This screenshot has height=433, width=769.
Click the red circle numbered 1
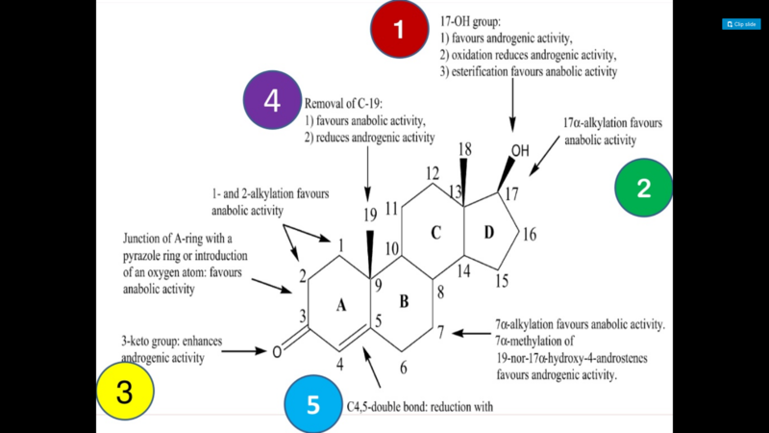[399, 29]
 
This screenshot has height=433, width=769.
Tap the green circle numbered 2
[643, 188]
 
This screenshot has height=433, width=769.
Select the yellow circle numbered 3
[125, 392]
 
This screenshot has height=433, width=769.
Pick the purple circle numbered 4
[272, 100]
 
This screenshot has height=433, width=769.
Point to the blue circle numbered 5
[313, 404]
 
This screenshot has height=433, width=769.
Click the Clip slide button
[741, 24]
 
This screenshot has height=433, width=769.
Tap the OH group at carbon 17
[520, 151]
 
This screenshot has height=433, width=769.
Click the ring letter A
[341, 306]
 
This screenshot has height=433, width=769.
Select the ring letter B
[404, 301]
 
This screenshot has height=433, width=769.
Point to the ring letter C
[435, 232]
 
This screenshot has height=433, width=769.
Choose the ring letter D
[489, 232]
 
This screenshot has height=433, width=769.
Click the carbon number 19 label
[370, 215]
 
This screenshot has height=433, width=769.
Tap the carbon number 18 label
[464, 149]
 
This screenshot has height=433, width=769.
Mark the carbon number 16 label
[530, 235]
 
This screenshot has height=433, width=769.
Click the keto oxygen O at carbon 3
[277, 352]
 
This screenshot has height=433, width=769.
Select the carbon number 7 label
[441, 332]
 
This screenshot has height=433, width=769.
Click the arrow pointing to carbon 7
[471, 333]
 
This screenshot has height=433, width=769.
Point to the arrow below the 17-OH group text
[512, 105]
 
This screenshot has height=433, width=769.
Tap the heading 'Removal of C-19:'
[343, 104]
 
